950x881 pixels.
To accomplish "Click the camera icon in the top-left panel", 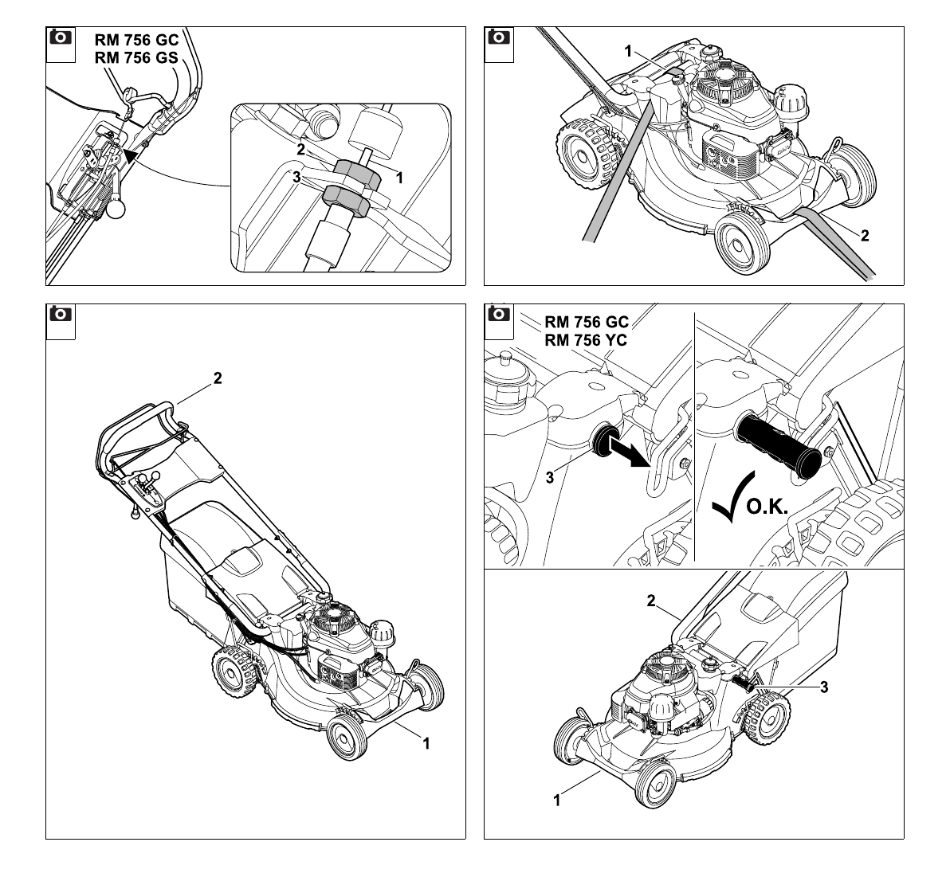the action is click(61, 37).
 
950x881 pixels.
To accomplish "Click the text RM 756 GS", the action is click(136, 57).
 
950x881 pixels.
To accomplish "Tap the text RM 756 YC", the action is click(586, 340).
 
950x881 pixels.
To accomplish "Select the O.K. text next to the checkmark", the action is click(767, 507).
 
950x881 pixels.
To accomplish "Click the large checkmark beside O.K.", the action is click(732, 498).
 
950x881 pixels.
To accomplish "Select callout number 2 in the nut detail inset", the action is click(300, 149).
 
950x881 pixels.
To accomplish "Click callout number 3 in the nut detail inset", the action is click(296, 178).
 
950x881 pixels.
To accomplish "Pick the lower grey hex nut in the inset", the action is click(343, 201).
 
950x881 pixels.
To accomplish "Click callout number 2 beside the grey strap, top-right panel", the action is click(865, 236).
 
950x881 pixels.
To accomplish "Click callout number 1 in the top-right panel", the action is click(628, 52).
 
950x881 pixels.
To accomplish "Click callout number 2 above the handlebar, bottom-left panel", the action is click(218, 378).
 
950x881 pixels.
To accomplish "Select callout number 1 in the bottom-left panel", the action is click(426, 743).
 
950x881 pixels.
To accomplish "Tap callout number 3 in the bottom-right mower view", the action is click(823, 687).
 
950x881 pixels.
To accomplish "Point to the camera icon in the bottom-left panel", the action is click(61, 315).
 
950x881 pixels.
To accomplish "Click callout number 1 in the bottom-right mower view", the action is click(557, 801).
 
